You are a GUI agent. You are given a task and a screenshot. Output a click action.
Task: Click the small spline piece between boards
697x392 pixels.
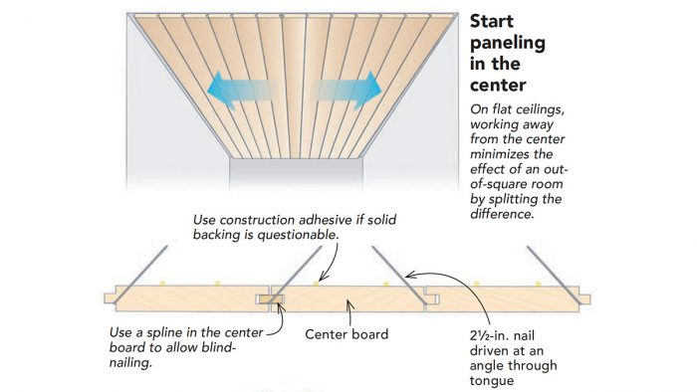266,297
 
